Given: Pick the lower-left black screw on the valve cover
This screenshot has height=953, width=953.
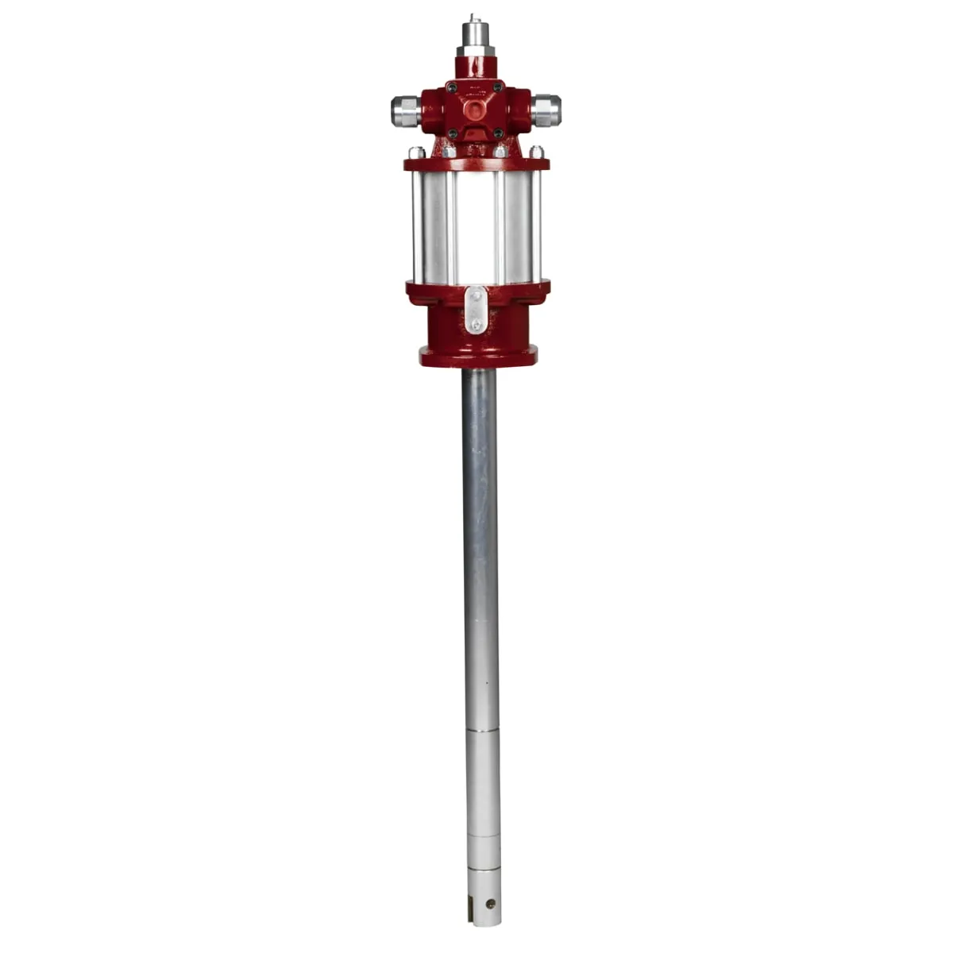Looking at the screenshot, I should [x=453, y=133].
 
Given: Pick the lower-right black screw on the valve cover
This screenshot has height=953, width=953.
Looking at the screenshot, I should [x=498, y=133].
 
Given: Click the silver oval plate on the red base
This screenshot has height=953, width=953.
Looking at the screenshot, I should [x=475, y=311].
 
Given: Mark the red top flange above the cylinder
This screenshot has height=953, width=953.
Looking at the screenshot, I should [x=476, y=164].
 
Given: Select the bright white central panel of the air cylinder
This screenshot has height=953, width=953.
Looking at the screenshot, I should [x=475, y=226].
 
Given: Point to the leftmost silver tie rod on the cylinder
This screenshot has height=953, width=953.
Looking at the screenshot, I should [x=417, y=226].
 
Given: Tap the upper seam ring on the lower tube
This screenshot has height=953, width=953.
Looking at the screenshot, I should [x=482, y=729].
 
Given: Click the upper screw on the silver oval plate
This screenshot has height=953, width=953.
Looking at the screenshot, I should [x=475, y=296].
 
